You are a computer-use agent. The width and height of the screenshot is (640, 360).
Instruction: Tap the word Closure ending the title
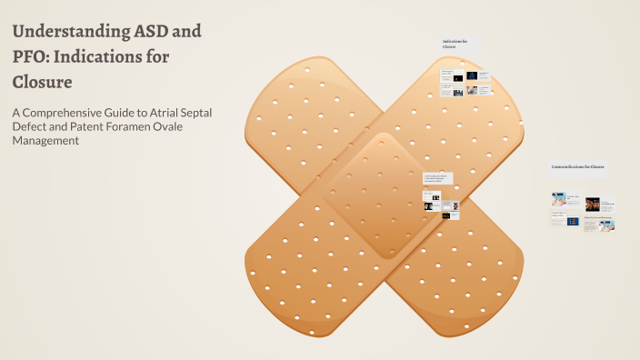[x=42, y=82]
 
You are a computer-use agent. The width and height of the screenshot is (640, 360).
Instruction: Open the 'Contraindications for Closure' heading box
[x=578, y=167]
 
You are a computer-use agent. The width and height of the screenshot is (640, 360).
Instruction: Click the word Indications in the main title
[x=110, y=56]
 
